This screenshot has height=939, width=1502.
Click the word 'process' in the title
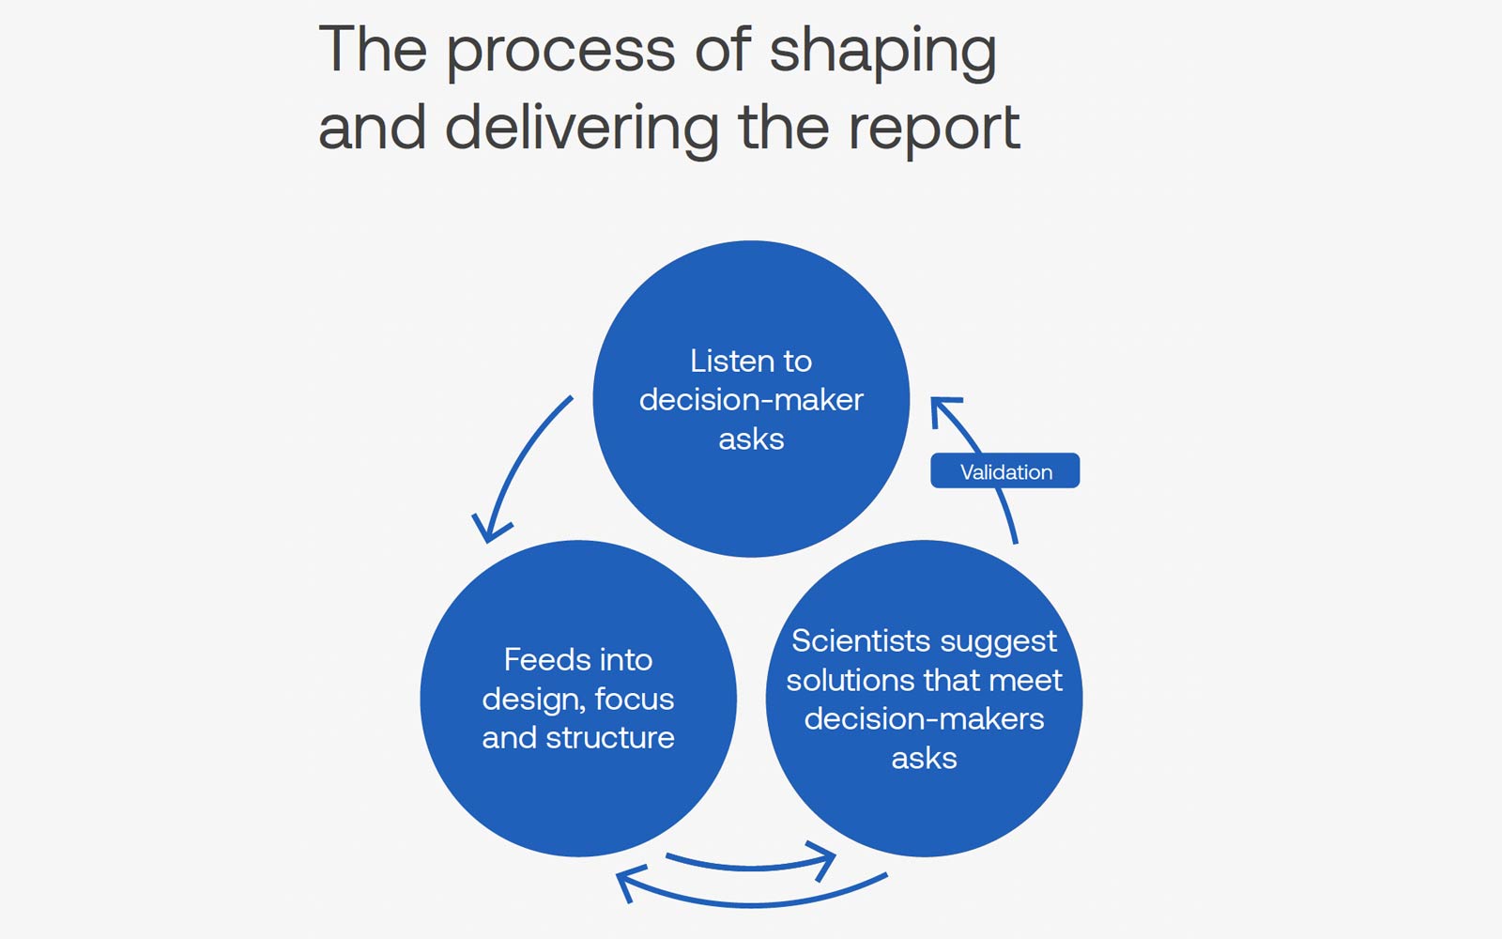[x=559, y=52]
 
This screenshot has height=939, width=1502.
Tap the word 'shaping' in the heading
[x=882, y=52]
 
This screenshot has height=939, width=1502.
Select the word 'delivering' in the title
[x=581, y=128]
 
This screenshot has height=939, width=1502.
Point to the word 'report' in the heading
[x=933, y=130]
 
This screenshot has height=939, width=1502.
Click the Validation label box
[x=1004, y=471]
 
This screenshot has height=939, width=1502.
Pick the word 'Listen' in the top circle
[x=726, y=361]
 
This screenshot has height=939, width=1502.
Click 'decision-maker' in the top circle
[x=751, y=400]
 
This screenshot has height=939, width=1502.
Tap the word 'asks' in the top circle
[x=751, y=439]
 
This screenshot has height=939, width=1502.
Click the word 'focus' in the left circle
[x=635, y=700]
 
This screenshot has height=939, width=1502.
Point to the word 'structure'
[x=610, y=738]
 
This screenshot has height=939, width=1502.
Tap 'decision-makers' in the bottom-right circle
[x=924, y=719]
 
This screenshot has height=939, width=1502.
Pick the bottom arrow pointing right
[x=751, y=864]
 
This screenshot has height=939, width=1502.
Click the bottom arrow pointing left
[x=751, y=901]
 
